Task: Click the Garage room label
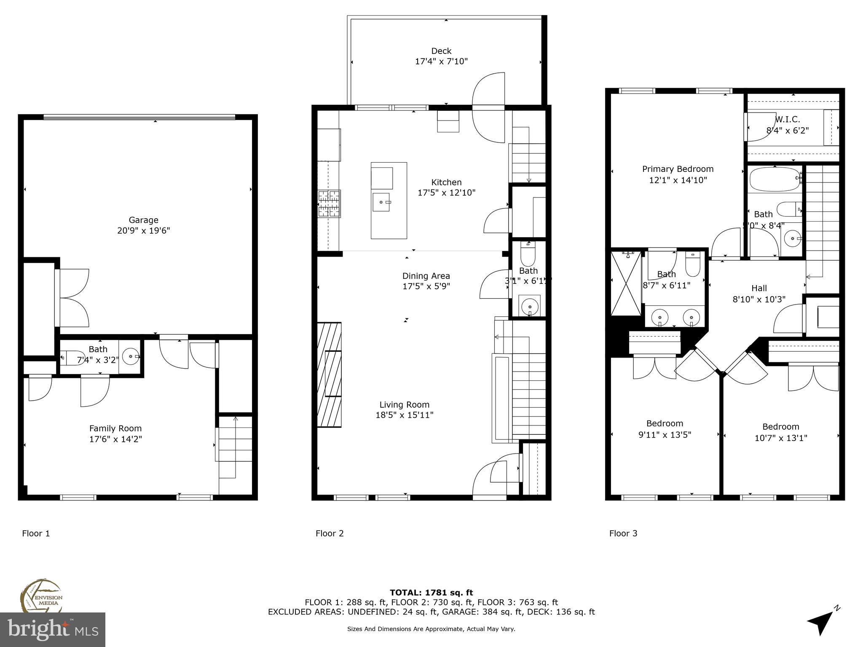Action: click(143, 220)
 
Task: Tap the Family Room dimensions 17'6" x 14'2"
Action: click(115, 439)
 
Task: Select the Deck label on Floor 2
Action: click(441, 51)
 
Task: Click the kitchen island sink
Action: click(381, 202)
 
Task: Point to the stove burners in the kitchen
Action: click(329, 204)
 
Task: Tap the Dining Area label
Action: click(426, 276)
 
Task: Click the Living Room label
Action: click(404, 405)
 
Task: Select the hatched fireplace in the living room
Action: click(329, 374)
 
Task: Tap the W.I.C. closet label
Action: click(787, 120)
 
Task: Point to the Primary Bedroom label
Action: click(678, 169)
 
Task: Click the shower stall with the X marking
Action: click(625, 283)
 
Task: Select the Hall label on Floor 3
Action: click(759, 288)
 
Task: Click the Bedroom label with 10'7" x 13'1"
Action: click(780, 427)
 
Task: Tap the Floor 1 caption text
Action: click(36, 533)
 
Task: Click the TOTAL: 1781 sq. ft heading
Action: click(431, 593)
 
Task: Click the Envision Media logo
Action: click(41, 596)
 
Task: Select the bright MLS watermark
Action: click(53, 629)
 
